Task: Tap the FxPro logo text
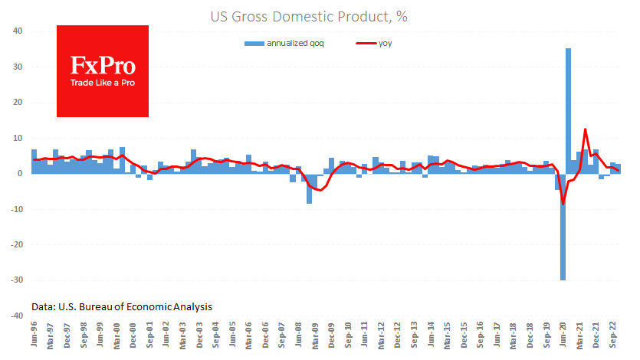103,64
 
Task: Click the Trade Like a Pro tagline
103,82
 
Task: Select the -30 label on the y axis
15,280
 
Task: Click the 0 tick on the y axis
21,174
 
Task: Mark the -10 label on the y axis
15,209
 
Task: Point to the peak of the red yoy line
585,129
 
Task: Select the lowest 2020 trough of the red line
563,204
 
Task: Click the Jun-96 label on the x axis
34,336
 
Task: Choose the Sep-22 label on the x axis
614,336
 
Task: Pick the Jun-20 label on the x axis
563,336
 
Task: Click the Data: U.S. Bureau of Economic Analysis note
122,306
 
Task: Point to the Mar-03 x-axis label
182,336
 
